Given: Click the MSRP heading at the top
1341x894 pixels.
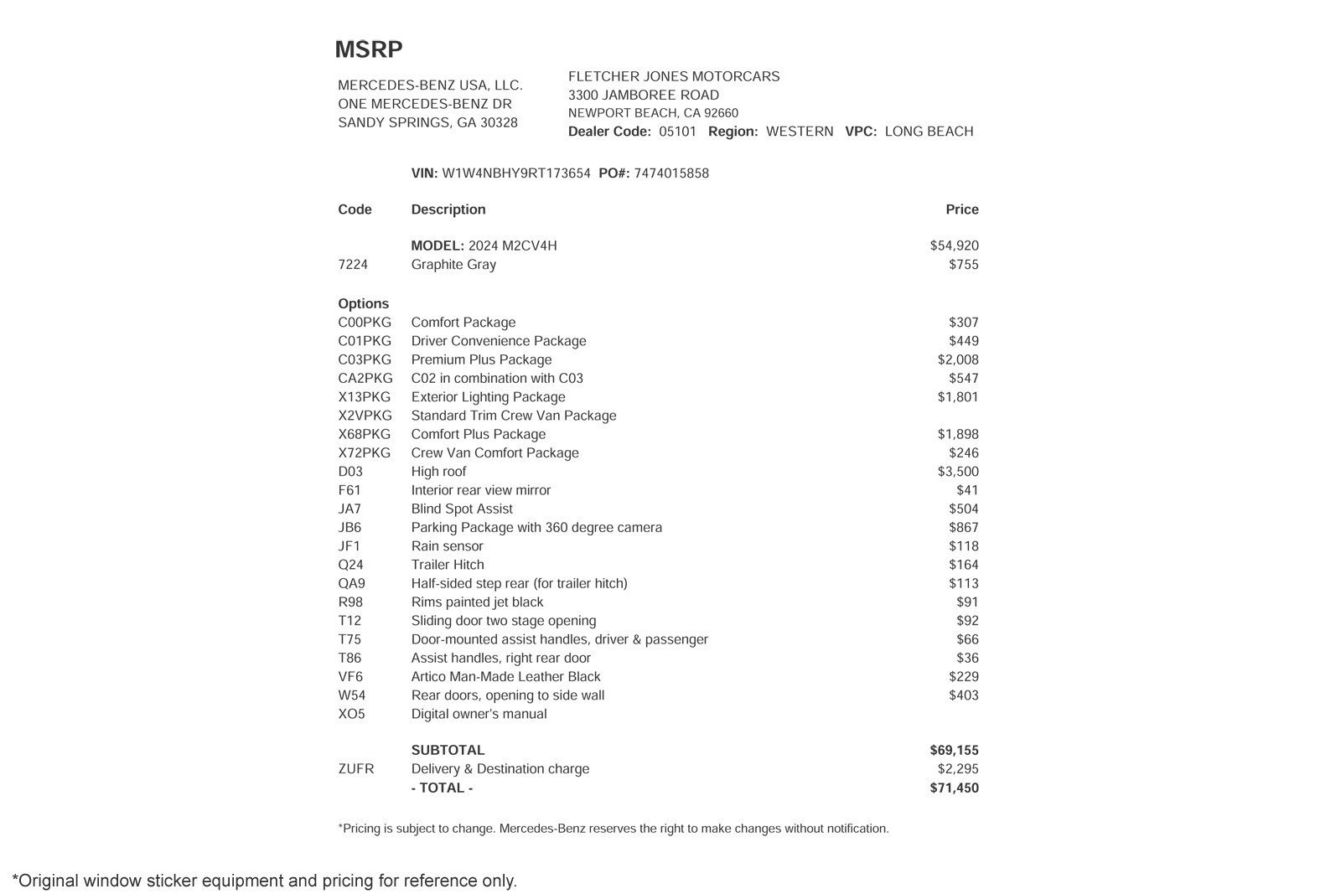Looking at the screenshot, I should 369,49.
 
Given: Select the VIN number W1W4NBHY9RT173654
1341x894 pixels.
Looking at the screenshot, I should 515,173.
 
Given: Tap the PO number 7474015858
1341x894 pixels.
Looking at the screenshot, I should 670,173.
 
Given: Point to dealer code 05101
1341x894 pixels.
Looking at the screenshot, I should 677,132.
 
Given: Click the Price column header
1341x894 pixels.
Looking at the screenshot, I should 961,209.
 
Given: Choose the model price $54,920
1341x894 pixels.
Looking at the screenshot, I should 954,245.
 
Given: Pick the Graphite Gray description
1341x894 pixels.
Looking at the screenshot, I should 453,265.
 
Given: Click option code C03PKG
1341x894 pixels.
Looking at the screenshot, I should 365,359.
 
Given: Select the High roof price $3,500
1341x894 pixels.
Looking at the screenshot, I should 957,472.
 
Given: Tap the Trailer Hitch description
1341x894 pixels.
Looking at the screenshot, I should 448,565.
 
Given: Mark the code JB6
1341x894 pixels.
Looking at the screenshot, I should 349,528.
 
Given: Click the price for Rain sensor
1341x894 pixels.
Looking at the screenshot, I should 963,546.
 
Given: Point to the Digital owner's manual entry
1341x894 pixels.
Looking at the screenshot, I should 479,714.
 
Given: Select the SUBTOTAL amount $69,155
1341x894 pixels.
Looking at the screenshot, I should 954,751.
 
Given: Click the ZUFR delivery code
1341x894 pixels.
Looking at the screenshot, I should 356,769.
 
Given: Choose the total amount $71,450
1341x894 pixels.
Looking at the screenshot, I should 954,788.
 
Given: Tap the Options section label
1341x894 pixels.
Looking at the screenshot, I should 364,303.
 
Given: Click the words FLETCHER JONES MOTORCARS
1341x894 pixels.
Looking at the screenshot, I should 674,76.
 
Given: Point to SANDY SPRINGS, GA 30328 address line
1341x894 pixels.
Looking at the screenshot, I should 427,122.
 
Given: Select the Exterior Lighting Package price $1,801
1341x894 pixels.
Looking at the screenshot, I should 957,397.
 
